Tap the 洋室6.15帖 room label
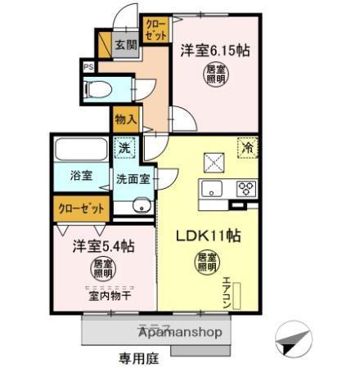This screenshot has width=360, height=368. (x=215, y=49)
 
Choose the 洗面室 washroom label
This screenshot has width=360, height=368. (x=131, y=177)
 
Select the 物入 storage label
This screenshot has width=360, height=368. (x=125, y=119)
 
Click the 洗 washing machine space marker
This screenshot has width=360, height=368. (x=125, y=150)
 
